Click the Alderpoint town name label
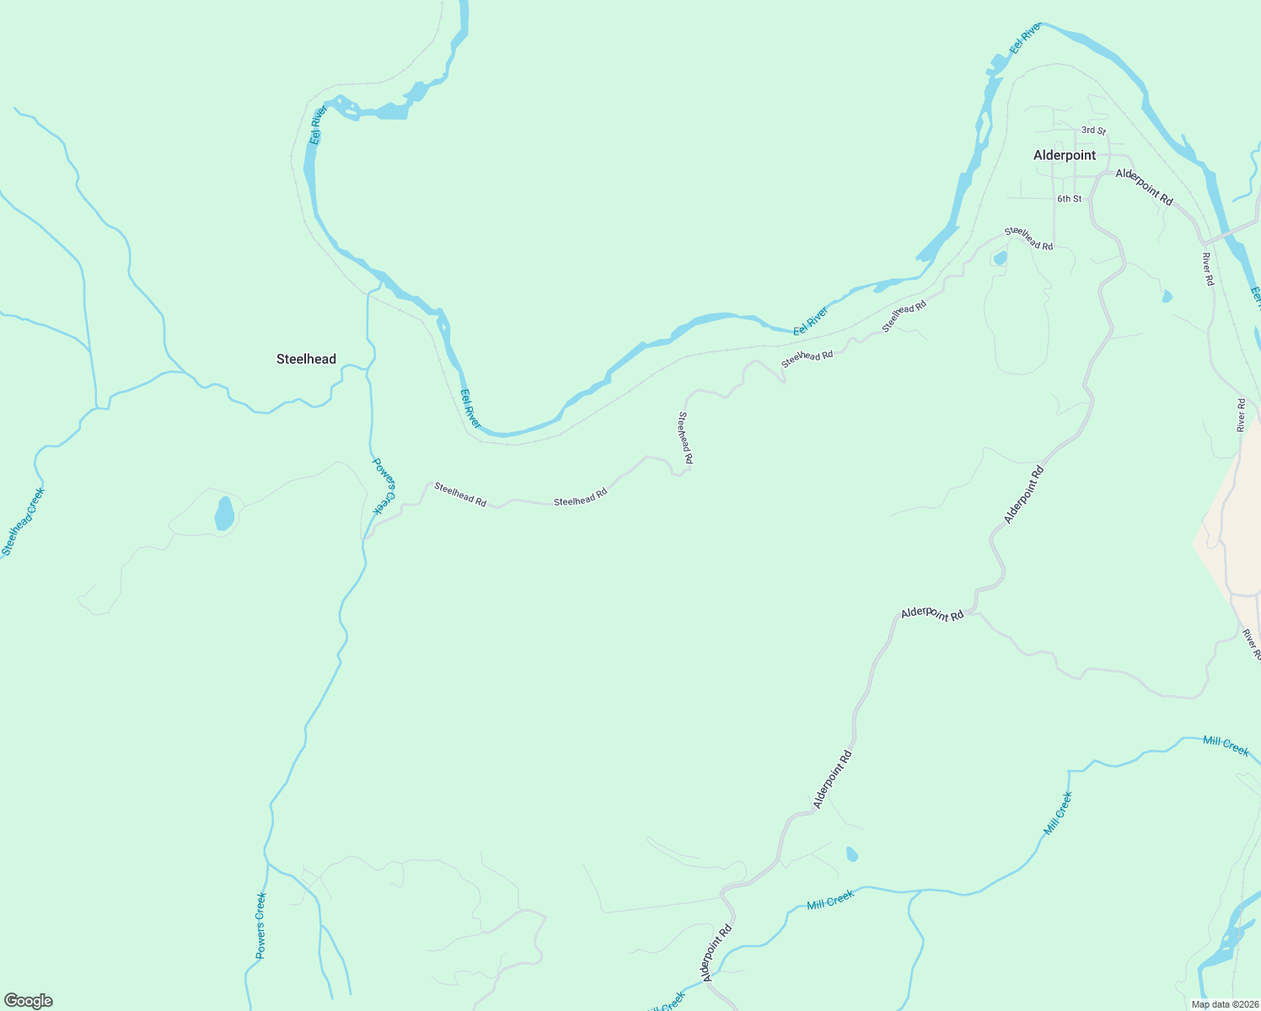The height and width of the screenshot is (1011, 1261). pos(1065,155)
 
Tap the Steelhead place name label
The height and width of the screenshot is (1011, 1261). pos(306,359)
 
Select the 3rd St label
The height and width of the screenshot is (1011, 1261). pos(1093,131)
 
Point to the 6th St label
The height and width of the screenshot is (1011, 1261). pos(1069,199)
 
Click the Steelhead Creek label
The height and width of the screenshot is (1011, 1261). pos(23,522)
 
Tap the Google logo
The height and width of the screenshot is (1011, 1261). pos(28,1001)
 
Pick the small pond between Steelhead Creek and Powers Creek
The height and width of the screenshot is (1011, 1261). pos(224,513)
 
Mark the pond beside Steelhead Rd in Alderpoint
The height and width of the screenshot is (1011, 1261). pos(1000,258)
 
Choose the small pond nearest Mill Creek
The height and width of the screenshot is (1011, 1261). pos(851,854)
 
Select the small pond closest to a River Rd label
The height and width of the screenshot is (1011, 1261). pos(1167,296)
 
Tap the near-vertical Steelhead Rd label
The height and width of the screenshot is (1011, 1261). pos(685,438)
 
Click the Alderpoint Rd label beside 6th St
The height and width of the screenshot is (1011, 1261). pos(1144,186)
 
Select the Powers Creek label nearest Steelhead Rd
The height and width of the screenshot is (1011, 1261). pos(384,486)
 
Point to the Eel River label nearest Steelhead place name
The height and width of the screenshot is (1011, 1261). pos(317,126)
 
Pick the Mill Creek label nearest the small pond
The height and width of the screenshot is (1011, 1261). pos(830,901)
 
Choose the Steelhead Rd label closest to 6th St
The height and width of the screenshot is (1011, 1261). pos(1028,238)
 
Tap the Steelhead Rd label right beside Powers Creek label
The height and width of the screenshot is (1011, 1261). pos(460,494)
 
